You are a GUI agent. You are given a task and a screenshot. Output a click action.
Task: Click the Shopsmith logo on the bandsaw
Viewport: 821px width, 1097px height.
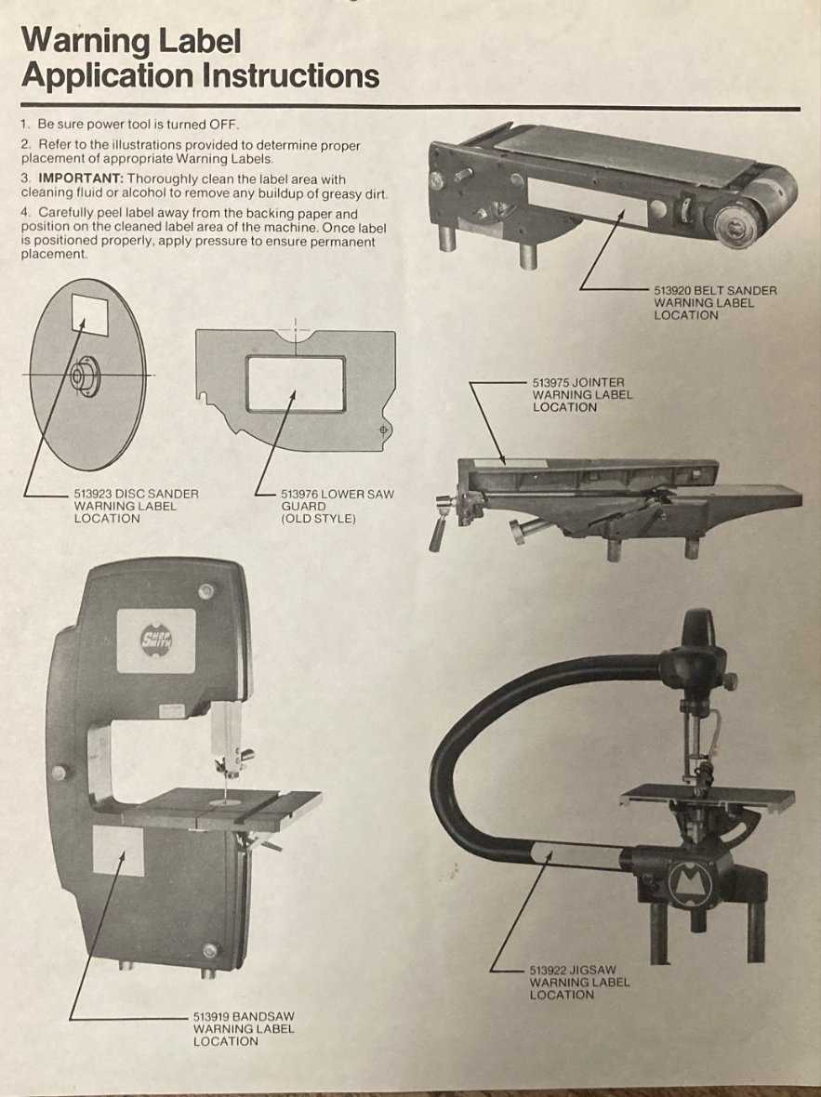pos(157,638)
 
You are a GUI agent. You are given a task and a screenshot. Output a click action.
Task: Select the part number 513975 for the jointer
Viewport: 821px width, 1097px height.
pos(550,383)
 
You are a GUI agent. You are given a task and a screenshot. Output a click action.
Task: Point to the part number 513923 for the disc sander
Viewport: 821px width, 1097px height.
pos(92,494)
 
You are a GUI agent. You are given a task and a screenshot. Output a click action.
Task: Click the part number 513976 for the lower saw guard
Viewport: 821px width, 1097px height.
pos(299,494)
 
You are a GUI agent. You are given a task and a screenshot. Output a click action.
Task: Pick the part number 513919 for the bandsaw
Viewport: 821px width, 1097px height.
pos(211,1016)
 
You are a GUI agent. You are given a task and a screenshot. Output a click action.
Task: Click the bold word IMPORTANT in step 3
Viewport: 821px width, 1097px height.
pos(81,179)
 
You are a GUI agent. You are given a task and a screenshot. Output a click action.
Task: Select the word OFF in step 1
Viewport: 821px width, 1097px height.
pos(224,125)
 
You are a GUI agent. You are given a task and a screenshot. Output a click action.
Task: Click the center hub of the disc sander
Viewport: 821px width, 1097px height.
pos(86,376)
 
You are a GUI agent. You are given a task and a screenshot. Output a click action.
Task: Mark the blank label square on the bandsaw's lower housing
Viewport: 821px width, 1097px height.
pos(117,850)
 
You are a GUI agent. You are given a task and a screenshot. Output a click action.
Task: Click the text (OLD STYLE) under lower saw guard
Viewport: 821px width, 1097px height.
pos(319,519)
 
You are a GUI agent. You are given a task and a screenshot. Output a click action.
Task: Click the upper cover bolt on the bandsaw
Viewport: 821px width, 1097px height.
pos(205,591)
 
